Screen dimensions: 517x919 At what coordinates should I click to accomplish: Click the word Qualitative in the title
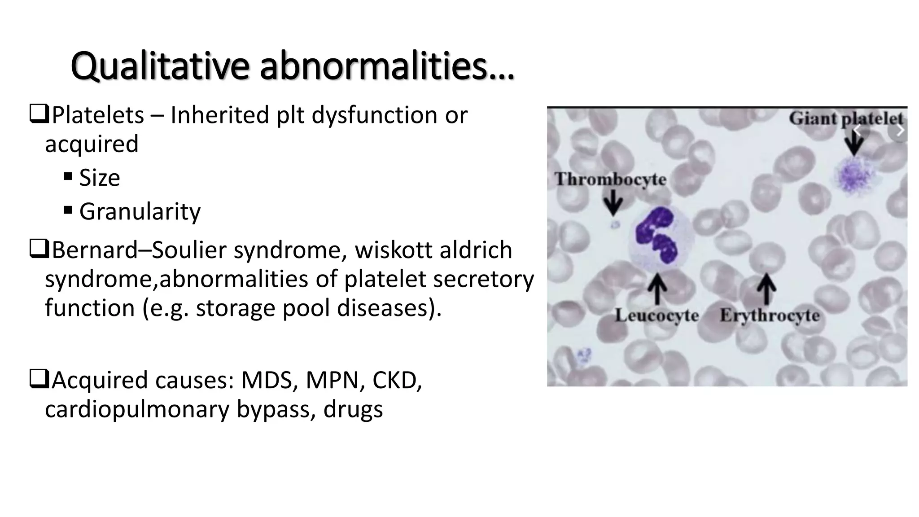tap(159, 66)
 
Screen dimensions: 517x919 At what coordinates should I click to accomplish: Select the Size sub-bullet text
tap(100, 178)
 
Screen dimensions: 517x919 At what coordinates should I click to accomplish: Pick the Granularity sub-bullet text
tap(140, 211)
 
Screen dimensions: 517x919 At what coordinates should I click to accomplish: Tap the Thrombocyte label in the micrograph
tap(610, 179)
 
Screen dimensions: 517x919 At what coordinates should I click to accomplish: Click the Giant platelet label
tap(846, 119)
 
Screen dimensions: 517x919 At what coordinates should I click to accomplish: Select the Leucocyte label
tap(657, 315)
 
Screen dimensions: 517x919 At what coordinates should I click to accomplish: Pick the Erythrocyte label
tap(770, 315)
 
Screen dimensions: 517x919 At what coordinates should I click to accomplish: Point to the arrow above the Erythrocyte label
tap(767, 289)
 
